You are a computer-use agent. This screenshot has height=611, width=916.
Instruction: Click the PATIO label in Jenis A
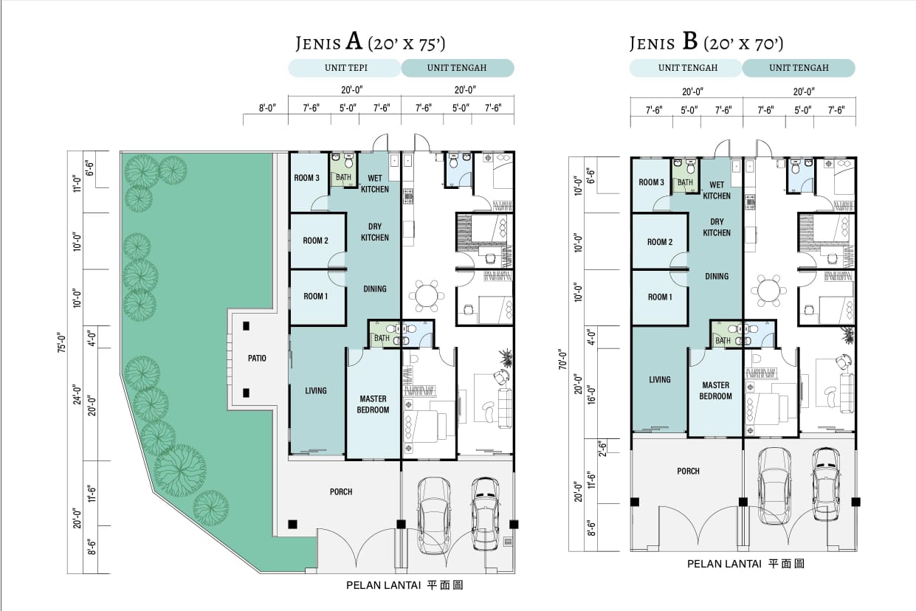tap(257, 359)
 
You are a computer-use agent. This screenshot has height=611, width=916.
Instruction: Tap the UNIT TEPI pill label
tap(346, 68)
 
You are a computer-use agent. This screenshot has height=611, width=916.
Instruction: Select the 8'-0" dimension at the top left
tap(267, 108)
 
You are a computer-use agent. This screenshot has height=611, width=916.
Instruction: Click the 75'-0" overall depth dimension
tap(61, 342)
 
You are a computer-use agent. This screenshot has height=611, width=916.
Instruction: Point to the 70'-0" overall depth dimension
tap(562, 359)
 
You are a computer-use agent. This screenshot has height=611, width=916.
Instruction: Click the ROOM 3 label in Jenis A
tap(307, 178)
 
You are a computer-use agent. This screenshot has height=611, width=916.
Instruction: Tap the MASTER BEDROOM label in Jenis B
tap(716, 390)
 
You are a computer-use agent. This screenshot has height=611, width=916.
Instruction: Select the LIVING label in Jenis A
tap(316, 390)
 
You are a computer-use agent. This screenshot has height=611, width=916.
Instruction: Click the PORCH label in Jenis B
tap(688, 472)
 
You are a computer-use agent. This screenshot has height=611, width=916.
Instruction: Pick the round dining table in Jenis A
tap(426, 295)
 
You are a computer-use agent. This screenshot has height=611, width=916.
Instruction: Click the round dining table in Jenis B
tap(768, 290)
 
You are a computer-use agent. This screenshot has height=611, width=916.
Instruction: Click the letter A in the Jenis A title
tap(354, 41)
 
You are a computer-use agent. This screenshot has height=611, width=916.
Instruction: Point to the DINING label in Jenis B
tap(717, 276)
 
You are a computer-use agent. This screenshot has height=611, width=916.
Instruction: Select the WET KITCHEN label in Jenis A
tap(374, 184)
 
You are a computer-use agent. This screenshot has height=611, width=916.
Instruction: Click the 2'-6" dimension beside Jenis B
tap(602, 449)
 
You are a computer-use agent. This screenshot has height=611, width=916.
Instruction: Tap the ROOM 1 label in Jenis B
tap(660, 297)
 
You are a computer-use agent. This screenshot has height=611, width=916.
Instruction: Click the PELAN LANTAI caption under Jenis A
tap(384, 585)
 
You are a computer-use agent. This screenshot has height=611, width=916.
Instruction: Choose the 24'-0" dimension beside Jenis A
tap(78, 394)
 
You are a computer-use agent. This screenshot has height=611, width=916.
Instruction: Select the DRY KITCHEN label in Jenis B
tap(717, 227)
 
